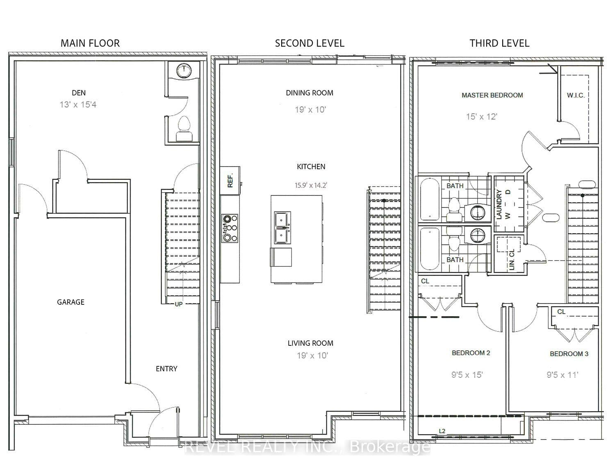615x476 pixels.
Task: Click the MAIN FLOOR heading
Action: (90, 44)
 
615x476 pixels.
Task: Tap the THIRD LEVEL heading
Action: (499, 44)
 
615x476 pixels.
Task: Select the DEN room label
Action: (79, 93)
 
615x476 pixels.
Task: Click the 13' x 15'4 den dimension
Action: (78, 105)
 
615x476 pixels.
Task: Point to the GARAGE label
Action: (71, 302)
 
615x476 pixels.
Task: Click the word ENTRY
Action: (166, 369)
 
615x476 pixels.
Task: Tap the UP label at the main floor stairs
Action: (178, 304)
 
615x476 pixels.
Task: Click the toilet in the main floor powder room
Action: (184, 129)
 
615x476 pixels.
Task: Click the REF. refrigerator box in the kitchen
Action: (230, 180)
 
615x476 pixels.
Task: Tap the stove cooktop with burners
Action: (230, 228)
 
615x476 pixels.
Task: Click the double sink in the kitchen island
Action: (282, 228)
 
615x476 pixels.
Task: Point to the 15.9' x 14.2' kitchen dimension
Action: (311, 185)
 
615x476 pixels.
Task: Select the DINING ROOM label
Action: (309, 93)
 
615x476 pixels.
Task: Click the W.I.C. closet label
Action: (576, 95)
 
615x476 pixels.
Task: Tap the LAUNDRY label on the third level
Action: (499, 205)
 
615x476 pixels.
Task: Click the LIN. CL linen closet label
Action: (511, 260)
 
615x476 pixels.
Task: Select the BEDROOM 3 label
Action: (569, 354)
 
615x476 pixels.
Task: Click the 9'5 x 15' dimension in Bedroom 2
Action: (467, 375)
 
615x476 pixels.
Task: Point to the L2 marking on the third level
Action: (442, 431)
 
